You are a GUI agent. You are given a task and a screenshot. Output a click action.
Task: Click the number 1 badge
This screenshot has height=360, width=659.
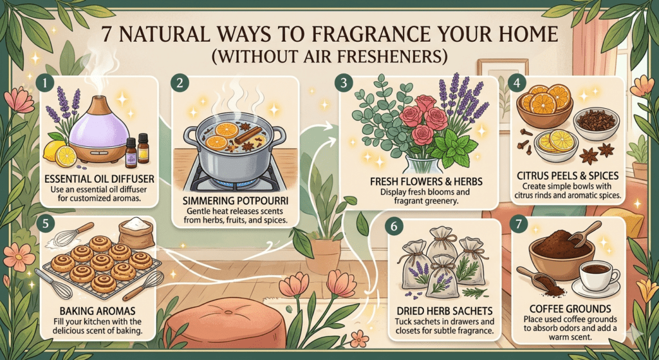click(x=44, y=83)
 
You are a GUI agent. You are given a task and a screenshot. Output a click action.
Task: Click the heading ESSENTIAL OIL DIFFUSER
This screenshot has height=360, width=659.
click(x=99, y=179)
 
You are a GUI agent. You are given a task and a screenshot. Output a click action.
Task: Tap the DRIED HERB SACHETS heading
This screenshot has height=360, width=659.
click(x=444, y=311)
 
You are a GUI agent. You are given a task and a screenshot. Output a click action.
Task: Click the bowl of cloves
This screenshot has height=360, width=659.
click(x=597, y=124)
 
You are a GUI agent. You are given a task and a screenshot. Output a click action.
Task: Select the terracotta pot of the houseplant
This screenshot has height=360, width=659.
click(x=323, y=255)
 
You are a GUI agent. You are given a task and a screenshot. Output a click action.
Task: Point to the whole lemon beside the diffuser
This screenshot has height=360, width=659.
click(x=53, y=151)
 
